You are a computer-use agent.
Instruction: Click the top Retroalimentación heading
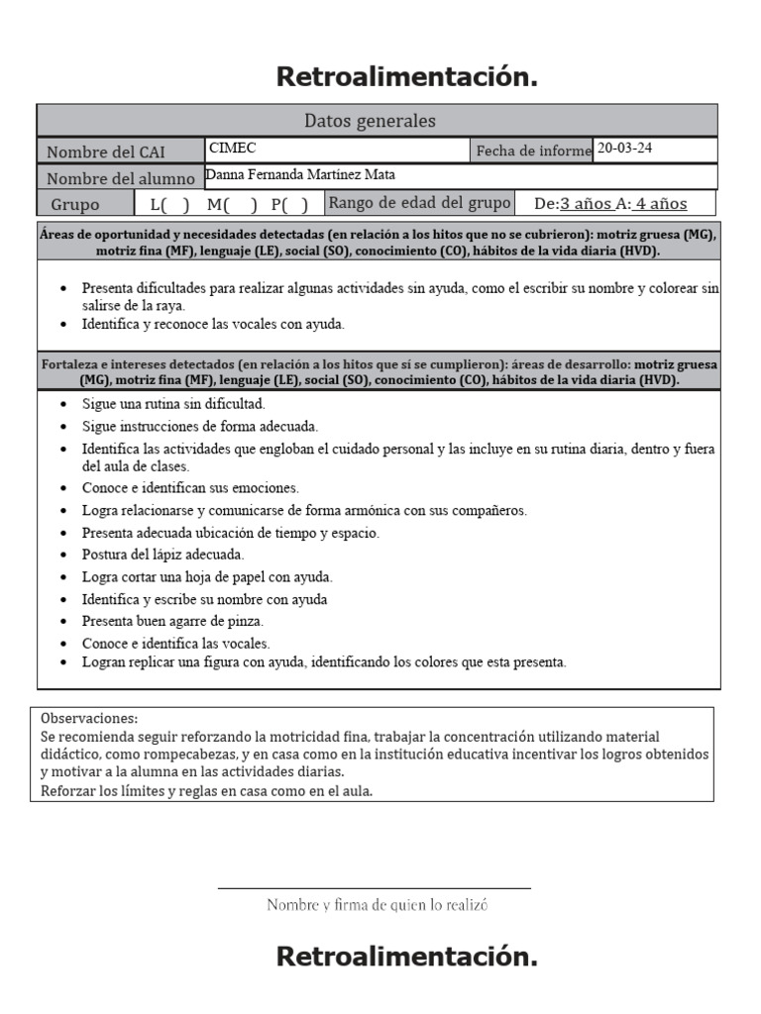406,77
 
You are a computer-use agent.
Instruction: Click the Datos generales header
369,121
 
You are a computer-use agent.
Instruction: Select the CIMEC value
232,149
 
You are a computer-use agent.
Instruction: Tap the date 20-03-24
624,149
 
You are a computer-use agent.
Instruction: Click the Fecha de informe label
533,152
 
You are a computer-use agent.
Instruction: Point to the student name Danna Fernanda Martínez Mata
300,175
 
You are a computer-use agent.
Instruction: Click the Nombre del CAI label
106,152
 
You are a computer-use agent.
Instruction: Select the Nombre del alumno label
119,178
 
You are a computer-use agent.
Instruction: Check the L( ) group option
169,205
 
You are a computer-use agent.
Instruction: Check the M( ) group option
232,205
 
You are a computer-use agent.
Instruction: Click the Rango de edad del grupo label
419,203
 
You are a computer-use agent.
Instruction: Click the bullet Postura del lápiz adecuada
163,555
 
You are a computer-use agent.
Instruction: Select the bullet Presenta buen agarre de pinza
172,621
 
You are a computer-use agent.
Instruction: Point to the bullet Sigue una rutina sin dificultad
173,404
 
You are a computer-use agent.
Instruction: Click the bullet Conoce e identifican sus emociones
190,488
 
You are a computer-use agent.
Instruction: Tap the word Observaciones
89,718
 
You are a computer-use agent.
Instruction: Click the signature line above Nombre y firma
375,888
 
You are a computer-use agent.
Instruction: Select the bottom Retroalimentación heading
406,957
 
